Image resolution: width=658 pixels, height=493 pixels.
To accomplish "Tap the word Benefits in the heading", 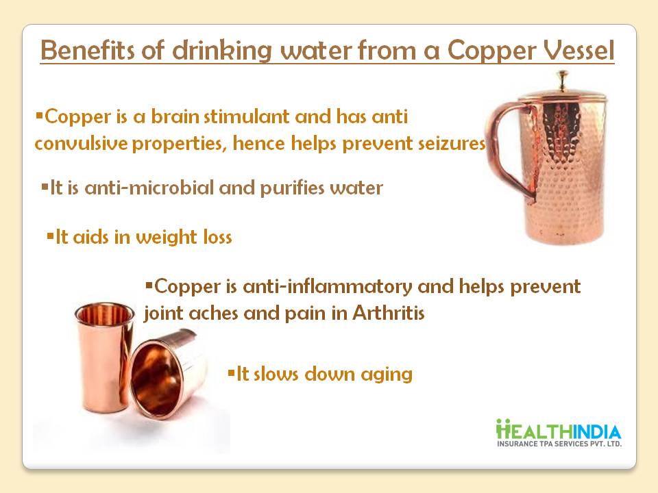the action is [88, 50].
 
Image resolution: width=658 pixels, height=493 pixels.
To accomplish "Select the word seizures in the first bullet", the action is [452, 143].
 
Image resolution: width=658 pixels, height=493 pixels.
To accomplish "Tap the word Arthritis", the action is [388, 313].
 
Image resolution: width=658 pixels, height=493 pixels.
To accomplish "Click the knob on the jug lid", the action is [562, 79].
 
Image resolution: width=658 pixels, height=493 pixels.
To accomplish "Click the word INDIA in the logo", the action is [596, 432].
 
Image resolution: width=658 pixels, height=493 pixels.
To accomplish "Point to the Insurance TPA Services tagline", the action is [559, 444].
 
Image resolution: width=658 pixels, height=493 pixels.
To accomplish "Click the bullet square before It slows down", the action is [231, 372].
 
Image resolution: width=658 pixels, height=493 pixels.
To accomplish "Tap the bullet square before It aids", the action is [50, 236].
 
